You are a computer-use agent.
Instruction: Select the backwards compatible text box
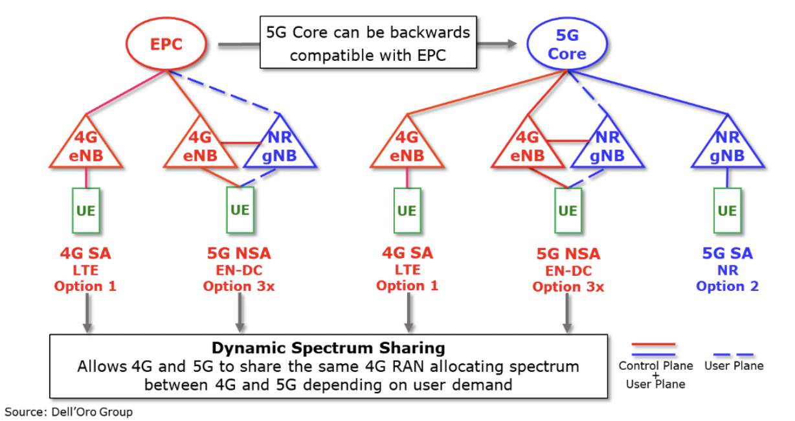tap(368, 43)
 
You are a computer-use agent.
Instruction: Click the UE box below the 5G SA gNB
tap(727, 210)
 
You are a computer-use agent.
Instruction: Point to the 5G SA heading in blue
tap(726, 253)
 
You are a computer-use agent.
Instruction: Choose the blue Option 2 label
tap(727, 286)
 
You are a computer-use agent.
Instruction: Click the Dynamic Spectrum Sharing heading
tap(328, 348)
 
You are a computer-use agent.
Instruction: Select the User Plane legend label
tap(733, 366)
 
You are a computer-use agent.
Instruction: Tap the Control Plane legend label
tap(655, 366)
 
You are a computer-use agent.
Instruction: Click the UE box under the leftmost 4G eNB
tap(86, 210)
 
